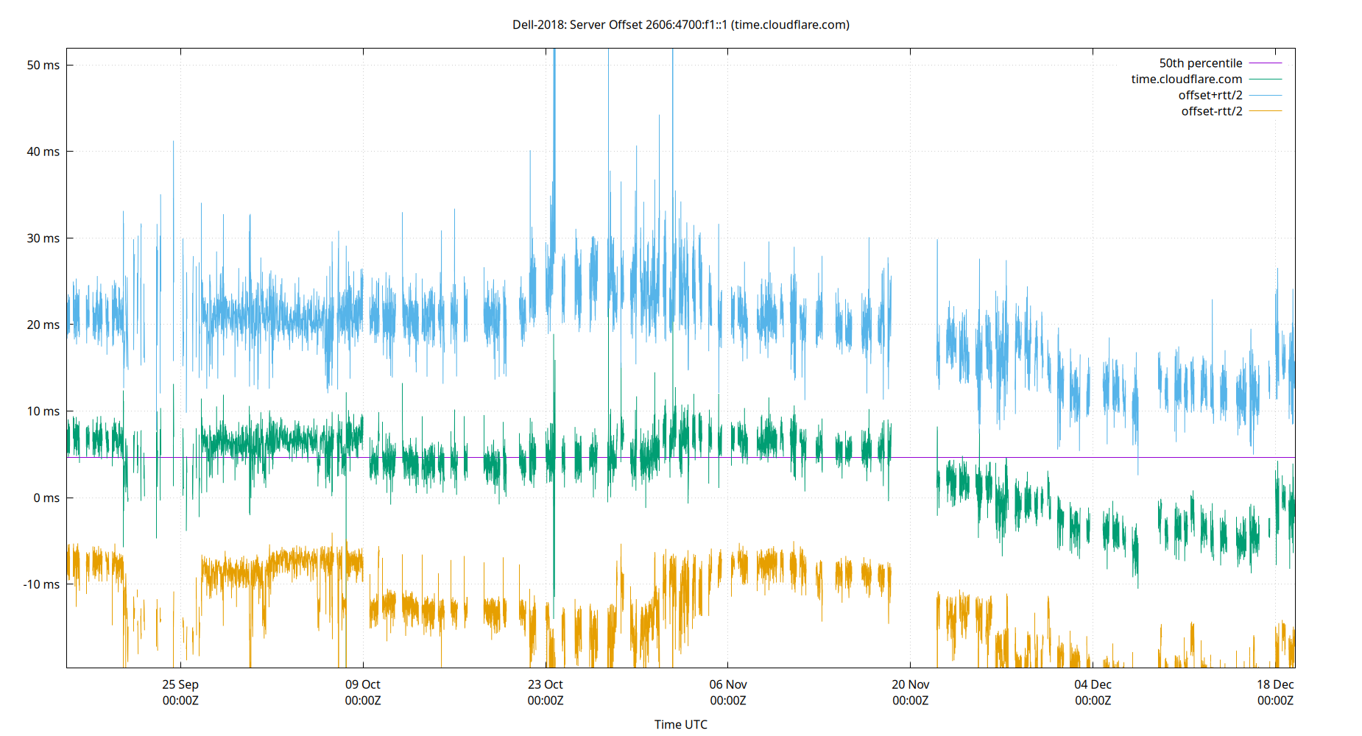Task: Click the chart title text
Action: click(x=680, y=24)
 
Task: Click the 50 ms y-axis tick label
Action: click(x=43, y=65)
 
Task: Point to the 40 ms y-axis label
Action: click(x=43, y=152)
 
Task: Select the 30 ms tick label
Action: click(x=43, y=238)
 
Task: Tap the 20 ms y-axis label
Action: click(x=43, y=325)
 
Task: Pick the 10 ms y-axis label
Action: click(x=43, y=411)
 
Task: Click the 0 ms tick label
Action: click(x=46, y=498)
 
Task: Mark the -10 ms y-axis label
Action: click(x=41, y=584)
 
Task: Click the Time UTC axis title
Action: click(x=680, y=724)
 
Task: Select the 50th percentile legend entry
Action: click(x=1201, y=63)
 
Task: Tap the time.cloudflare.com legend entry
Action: click(x=1187, y=79)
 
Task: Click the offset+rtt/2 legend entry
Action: click(x=1210, y=96)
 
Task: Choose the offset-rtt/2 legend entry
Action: click(x=1212, y=112)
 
